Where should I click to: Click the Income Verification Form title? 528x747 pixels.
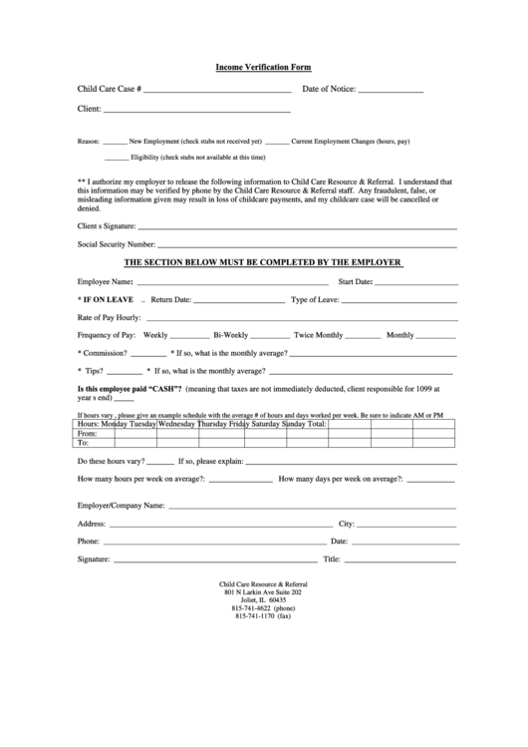(264, 67)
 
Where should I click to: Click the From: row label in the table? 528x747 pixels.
(87, 434)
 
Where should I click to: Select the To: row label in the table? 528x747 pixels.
(84, 444)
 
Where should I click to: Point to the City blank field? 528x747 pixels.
(407, 524)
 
